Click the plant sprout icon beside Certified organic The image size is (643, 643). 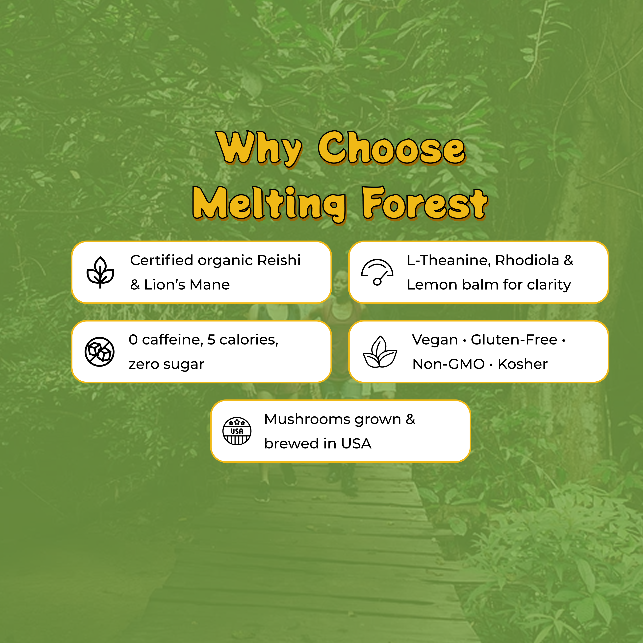(x=100, y=272)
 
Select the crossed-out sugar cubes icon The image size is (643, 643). (x=99, y=352)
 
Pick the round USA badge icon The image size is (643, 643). (x=237, y=431)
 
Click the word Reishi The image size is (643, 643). (x=279, y=260)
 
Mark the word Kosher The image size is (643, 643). (x=523, y=364)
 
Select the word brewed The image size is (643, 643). (x=291, y=444)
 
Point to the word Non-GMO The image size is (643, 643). (x=448, y=364)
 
